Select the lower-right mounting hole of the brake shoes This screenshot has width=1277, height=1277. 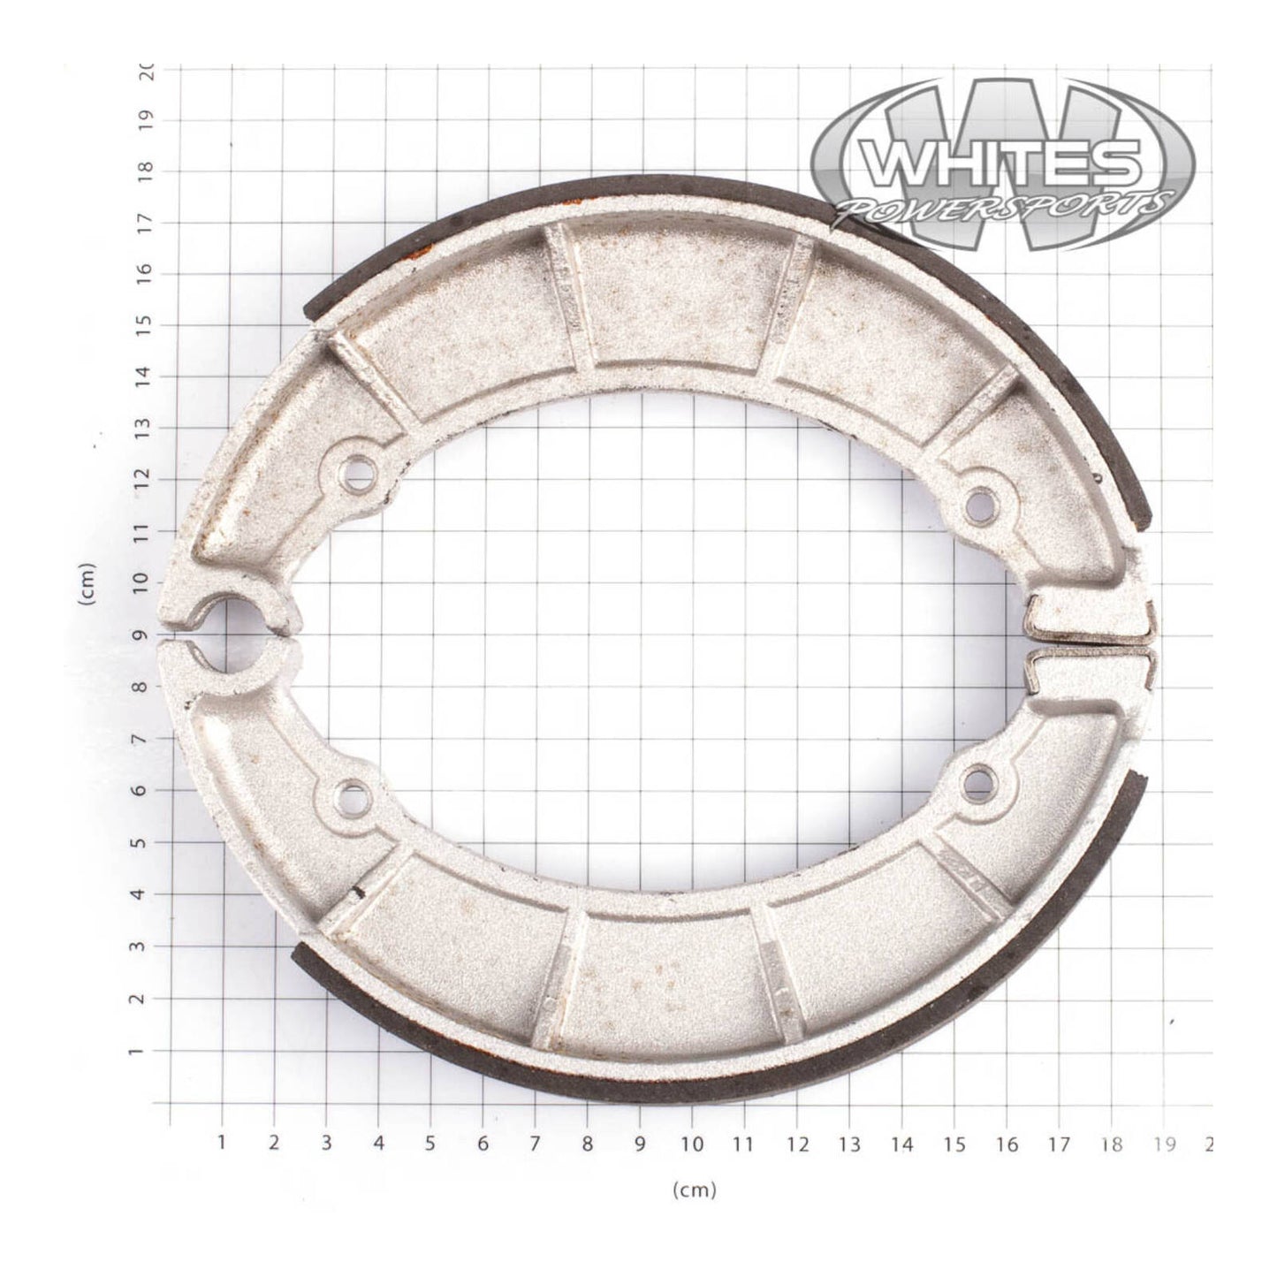[977, 781]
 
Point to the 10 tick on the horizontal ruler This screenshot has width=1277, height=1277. [692, 1144]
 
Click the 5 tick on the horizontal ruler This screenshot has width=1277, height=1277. [430, 1144]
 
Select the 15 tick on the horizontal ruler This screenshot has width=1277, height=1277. [954, 1144]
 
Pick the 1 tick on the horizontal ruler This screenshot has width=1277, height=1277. [221, 1144]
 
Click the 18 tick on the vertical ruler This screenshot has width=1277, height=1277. [147, 169]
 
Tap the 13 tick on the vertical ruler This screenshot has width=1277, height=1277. [147, 428]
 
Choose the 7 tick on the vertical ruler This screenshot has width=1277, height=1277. [147, 739]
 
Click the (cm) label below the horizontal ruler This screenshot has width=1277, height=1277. [694, 1190]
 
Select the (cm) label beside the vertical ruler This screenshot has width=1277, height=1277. [87, 584]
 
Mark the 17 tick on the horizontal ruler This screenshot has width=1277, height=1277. [1059, 1144]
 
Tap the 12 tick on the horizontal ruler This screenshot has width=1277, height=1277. [797, 1144]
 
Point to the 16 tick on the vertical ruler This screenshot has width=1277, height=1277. [147, 272]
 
